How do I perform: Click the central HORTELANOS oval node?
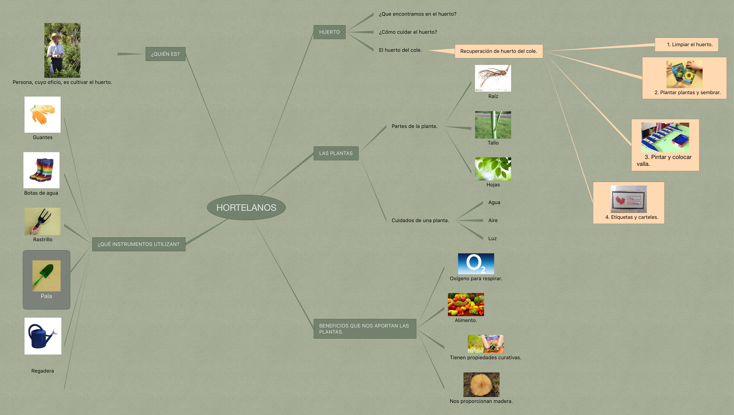pos(246,208)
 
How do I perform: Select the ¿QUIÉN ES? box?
pos(165,54)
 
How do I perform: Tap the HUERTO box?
pos(329,32)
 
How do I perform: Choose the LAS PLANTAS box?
pos(336,153)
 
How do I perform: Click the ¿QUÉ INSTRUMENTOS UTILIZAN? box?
pos(139,244)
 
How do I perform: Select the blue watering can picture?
pos(43,336)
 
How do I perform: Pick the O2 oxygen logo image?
pos(476,264)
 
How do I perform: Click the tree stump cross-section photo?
pos(481,385)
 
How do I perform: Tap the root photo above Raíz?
pos(493,78)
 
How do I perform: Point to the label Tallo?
pos(493,143)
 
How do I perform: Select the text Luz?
pos(492,239)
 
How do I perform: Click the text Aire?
pos(493,220)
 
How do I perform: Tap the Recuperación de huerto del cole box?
pos(499,51)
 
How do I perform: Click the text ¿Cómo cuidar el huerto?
pos(408,32)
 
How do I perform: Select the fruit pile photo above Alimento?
pos(466,304)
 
